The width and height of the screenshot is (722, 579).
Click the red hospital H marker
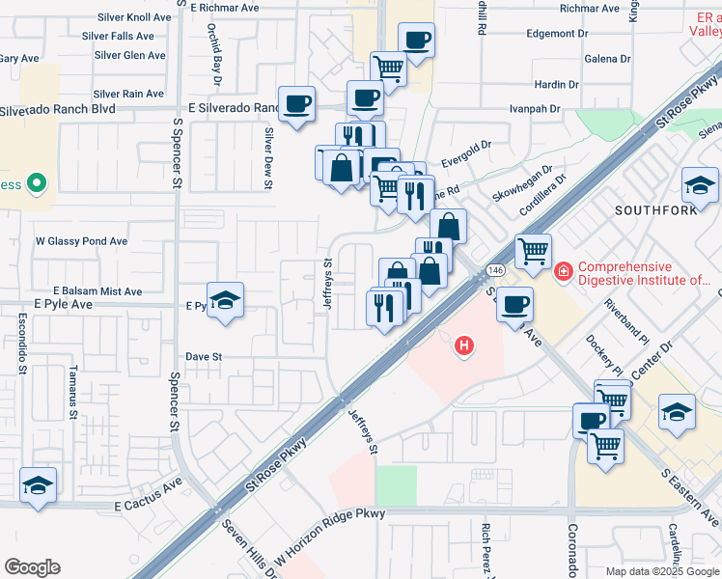coord(465,345)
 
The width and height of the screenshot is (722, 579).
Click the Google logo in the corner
coord(32,567)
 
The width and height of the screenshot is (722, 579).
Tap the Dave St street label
coord(204,357)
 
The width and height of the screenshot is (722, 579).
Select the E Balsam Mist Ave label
coord(97,291)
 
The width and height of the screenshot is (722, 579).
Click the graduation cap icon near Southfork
coord(700,184)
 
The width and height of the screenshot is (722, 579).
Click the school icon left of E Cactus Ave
coord(38,484)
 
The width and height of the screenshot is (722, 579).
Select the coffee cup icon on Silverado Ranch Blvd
coord(296,102)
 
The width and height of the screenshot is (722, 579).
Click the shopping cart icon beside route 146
coord(534,251)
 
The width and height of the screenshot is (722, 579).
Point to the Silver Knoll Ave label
coord(134,18)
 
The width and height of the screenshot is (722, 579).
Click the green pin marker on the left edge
coord(36,181)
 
